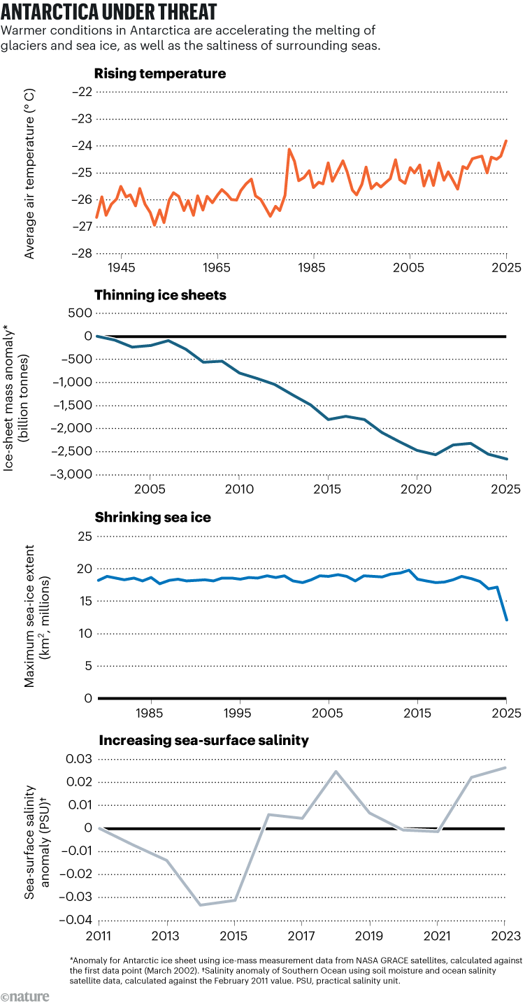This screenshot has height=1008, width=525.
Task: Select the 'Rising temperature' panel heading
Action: pos(159,73)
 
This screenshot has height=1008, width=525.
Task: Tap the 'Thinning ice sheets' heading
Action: pos(160,294)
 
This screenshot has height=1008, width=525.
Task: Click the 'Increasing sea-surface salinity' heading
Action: pos(203,739)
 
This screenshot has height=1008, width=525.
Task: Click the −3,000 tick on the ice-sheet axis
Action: pos(71,474)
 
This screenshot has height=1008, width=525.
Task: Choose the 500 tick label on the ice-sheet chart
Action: pos(82,313)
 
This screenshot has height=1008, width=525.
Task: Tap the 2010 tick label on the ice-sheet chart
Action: pos(239,488)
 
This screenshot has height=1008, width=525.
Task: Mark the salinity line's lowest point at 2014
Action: pos(200,904)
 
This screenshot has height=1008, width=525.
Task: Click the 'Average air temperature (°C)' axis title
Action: pos(29,173)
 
